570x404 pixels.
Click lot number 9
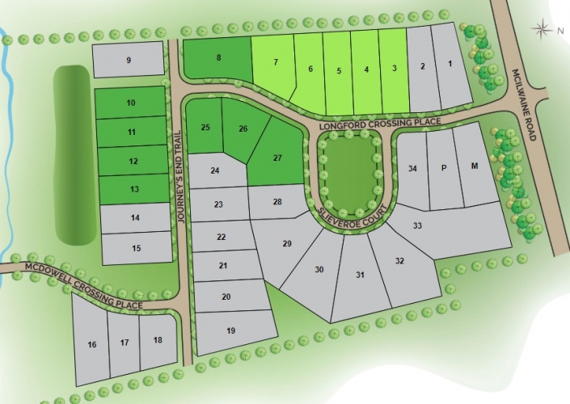point(129,61)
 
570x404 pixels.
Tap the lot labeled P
point(443,168)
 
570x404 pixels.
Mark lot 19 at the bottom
point(231,330)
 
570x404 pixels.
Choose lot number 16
point(91,345)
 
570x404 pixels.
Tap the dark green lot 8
point(217,58)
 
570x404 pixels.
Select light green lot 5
point(338,70)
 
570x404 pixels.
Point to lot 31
point(361,276)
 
